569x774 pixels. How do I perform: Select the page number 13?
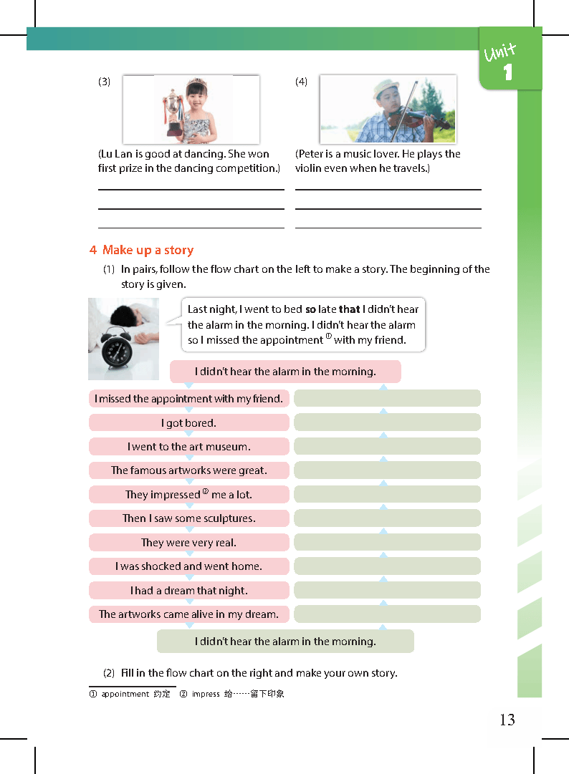coord(507,720)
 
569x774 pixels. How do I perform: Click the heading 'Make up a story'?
coord(148,250)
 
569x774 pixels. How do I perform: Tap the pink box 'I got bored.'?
coord(188,422)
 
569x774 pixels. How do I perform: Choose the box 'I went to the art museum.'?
coord(188,447)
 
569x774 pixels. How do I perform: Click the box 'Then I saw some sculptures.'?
coord(188,518)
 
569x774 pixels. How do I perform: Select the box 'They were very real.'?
coord(188,543)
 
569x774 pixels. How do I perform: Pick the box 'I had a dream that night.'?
coord(188,591)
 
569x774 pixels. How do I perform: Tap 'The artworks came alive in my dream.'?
coord(188,614)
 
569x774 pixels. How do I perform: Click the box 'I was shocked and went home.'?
coord(188,566)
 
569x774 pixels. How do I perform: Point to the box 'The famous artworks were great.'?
coord(188,470)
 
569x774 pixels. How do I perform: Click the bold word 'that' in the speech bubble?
coord(349,309)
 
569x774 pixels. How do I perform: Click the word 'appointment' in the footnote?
coord(125,695)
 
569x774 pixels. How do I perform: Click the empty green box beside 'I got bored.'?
coord(387,422)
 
